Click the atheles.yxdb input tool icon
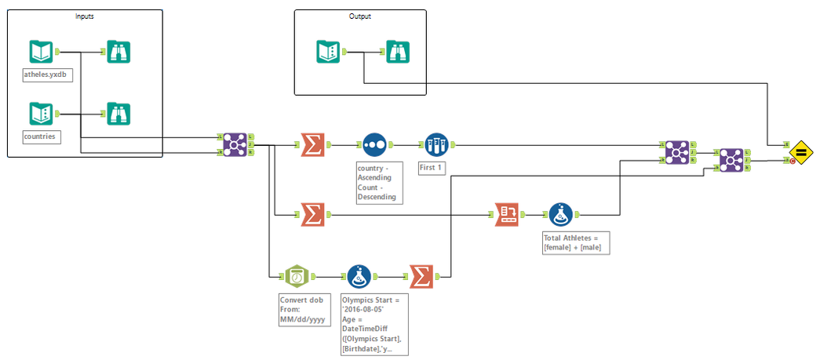41,53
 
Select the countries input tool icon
41,114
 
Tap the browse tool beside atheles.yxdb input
118,53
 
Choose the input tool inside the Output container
329,53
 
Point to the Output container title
360,16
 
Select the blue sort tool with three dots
374,144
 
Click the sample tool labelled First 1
436,144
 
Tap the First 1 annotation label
432,168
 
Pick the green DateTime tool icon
297,276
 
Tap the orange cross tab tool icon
507,213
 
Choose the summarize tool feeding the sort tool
313,144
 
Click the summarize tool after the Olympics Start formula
421,276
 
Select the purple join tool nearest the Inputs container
233,144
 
